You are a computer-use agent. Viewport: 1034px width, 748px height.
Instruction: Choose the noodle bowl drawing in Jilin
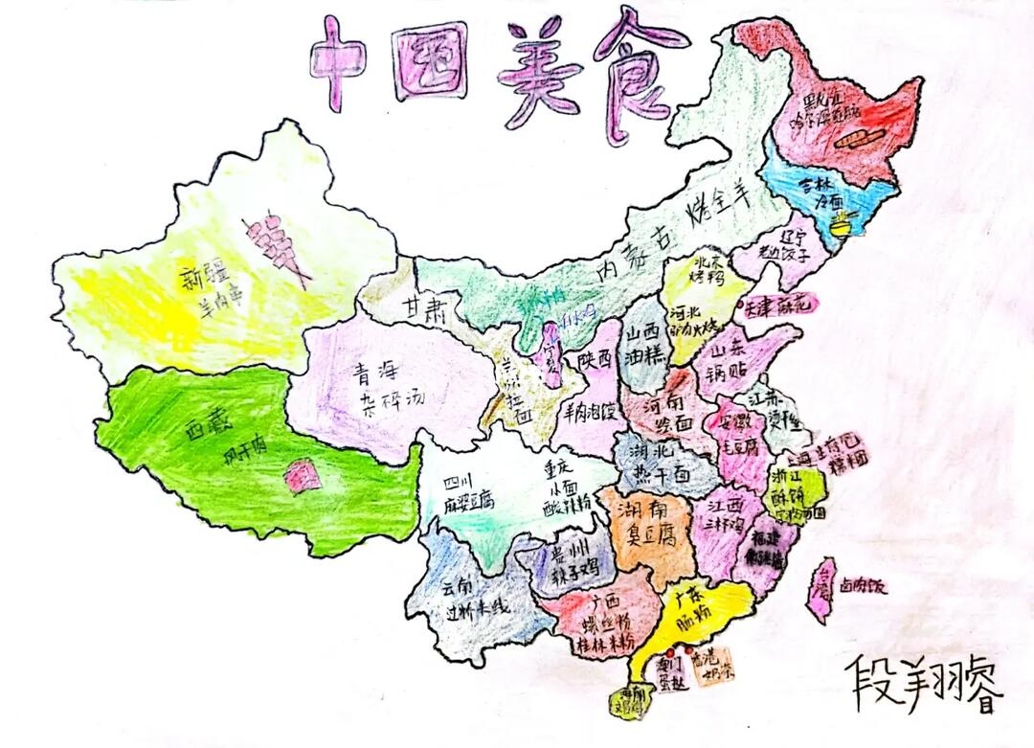click(842, 227)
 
